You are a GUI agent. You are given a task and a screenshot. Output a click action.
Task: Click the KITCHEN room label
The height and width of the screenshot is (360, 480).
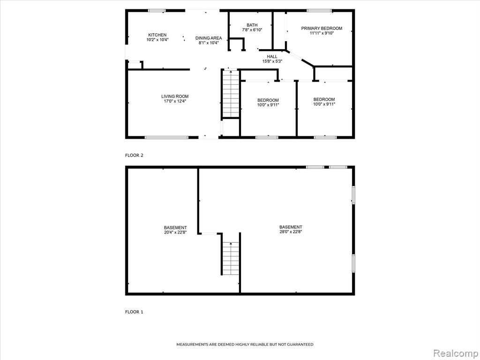pyautogui.click(x=157, y=35)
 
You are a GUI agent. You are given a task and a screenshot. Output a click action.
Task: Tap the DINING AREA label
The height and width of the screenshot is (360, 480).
pyautogui.click(x=209, y=38)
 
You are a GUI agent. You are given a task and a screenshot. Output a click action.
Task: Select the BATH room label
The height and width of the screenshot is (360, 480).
pyautogui.click(x=252, y=25)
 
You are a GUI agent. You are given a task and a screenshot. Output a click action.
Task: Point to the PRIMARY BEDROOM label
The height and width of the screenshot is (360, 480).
pyautogui.click(x=322, y=29)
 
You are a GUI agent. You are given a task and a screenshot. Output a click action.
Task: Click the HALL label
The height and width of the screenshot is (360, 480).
pyautogui.click(x=272, y=57)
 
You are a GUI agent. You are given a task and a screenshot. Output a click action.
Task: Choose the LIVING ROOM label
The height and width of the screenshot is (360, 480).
pyautogui.click(x=175, y=97)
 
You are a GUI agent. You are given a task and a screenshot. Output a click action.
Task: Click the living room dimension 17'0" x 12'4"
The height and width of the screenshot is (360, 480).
pyautogui.click(x=175, y=101)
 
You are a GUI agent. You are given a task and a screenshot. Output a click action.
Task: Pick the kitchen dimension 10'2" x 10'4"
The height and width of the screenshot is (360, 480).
pyautogui.click(x=157, y=39)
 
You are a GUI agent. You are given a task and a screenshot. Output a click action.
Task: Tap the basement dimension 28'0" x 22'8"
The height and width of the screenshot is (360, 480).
pyautogui.click(x=291, y=232)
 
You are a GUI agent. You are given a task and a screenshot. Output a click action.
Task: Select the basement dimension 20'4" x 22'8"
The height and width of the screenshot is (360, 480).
pyautogui.click(x=175, y=232)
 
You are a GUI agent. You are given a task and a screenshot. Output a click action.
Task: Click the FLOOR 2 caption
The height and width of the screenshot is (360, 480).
pyautogui.click(x=134, y=155)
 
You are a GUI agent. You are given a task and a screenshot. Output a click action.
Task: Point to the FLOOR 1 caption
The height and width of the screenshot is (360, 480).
pyautogui.click(x=134, y=312)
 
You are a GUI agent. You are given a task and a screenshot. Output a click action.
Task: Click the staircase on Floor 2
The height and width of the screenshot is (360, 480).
pyautogui.click(x=231, y=93)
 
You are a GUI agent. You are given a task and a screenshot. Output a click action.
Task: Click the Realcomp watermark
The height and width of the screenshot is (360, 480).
pyautogui.click(x=456, y=353)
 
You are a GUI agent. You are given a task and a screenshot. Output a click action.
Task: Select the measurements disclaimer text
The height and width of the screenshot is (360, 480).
pyautogui.click(x=245, y=345)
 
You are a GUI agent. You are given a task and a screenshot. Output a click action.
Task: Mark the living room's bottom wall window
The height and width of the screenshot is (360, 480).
pyautogui.click(x=166, y=137)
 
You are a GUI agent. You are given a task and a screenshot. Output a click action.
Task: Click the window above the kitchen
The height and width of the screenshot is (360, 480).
pyautogui.click(x=157, y=11)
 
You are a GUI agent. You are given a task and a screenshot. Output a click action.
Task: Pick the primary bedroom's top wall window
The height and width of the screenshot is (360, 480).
pyautogui.click(x=319, y=11)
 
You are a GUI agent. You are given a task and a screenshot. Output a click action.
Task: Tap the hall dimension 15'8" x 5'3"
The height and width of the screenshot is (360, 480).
pyautogui.click(x=272, y=61)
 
